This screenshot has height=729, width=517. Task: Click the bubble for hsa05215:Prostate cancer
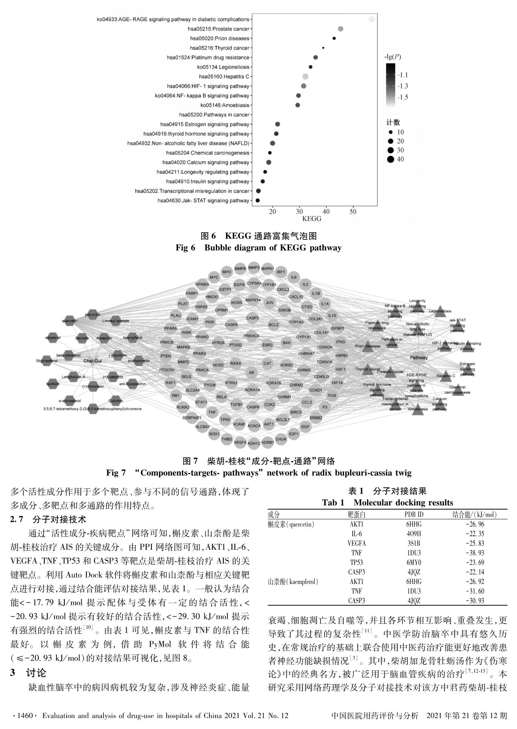point(340,29)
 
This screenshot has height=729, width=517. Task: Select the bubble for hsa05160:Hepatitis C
point(305,77)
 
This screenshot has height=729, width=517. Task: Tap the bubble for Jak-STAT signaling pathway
point(258,201)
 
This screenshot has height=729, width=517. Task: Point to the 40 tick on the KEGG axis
point(326,212)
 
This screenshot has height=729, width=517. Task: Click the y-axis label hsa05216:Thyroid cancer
point(220,48)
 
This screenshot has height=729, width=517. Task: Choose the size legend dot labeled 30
point(390,150)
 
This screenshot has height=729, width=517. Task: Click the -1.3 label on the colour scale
point(403,86)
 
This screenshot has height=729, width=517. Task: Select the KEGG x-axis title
point(312,219)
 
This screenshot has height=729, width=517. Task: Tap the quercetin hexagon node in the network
point(70,321)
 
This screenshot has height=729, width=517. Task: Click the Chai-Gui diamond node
point(92,361)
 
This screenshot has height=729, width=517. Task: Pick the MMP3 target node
point(254,268)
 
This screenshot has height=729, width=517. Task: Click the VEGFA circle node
point(240,443)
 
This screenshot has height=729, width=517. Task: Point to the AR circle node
point(252,373)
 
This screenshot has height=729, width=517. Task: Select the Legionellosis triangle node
point(440,311)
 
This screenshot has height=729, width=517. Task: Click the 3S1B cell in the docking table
point(414,543)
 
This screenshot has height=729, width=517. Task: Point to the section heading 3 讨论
point(28,673)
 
